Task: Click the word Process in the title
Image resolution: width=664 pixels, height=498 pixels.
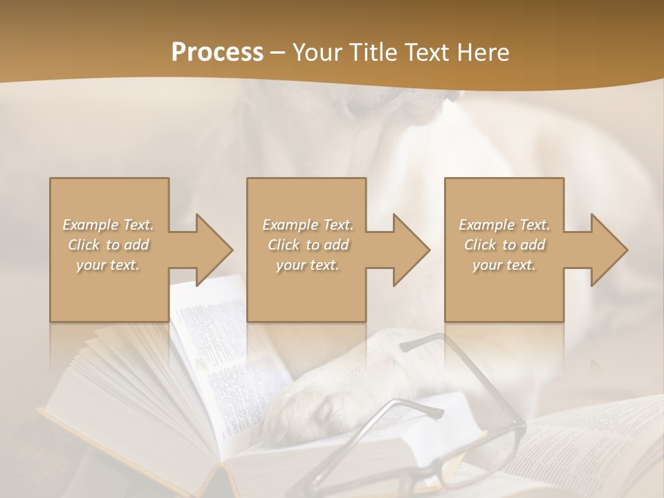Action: click(217, 53)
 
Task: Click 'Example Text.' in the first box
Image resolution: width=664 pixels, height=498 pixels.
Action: click(108, 225)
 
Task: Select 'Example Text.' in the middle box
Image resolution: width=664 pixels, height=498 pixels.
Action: click(307, 225)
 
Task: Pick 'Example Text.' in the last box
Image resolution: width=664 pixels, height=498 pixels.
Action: click(504, 225)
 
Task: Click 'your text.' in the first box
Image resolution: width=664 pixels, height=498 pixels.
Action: click(108, 265)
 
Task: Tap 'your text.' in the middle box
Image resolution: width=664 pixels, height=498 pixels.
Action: click(307, 265)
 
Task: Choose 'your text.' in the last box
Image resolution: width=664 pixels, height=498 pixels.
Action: click(504, 265)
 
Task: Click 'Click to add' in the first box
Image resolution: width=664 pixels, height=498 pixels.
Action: click(108, 245)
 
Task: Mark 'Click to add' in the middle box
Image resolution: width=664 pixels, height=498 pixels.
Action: click(307, 245)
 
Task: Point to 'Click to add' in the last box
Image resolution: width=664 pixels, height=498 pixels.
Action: click(504, 245)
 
